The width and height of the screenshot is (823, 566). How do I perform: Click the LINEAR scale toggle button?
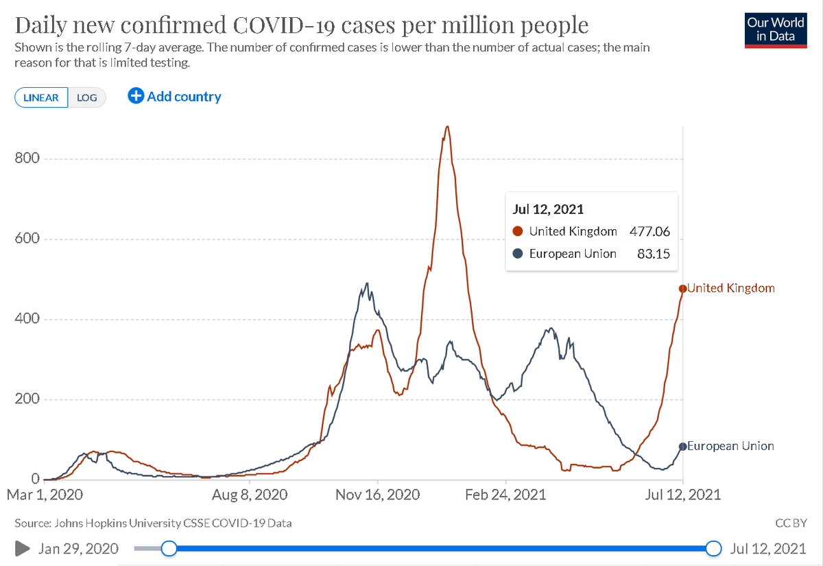[41, 97]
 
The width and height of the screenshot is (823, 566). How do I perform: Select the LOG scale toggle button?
[87, 97]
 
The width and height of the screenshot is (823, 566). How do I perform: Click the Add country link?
[175, 97]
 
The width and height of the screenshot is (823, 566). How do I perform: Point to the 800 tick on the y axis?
[27, 158]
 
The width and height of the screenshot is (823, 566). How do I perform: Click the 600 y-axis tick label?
[27, 239]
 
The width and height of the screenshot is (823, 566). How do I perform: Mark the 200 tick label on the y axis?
[27, 399]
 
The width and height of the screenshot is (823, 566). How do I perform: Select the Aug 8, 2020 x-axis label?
[250, 494]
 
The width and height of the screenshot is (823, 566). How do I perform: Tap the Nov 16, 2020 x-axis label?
[378, 494]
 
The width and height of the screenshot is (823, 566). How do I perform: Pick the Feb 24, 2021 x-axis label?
[505, 494]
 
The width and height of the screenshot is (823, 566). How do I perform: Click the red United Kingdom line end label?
[731, 288]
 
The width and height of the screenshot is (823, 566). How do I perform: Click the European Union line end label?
[730, 446]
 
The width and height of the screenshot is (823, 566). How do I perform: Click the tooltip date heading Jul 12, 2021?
[548, 209]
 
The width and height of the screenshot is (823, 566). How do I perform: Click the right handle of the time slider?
[714, 548]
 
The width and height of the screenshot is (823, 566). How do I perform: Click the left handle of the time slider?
[169, 548]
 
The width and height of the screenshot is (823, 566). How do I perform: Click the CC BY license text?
[791, 523]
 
